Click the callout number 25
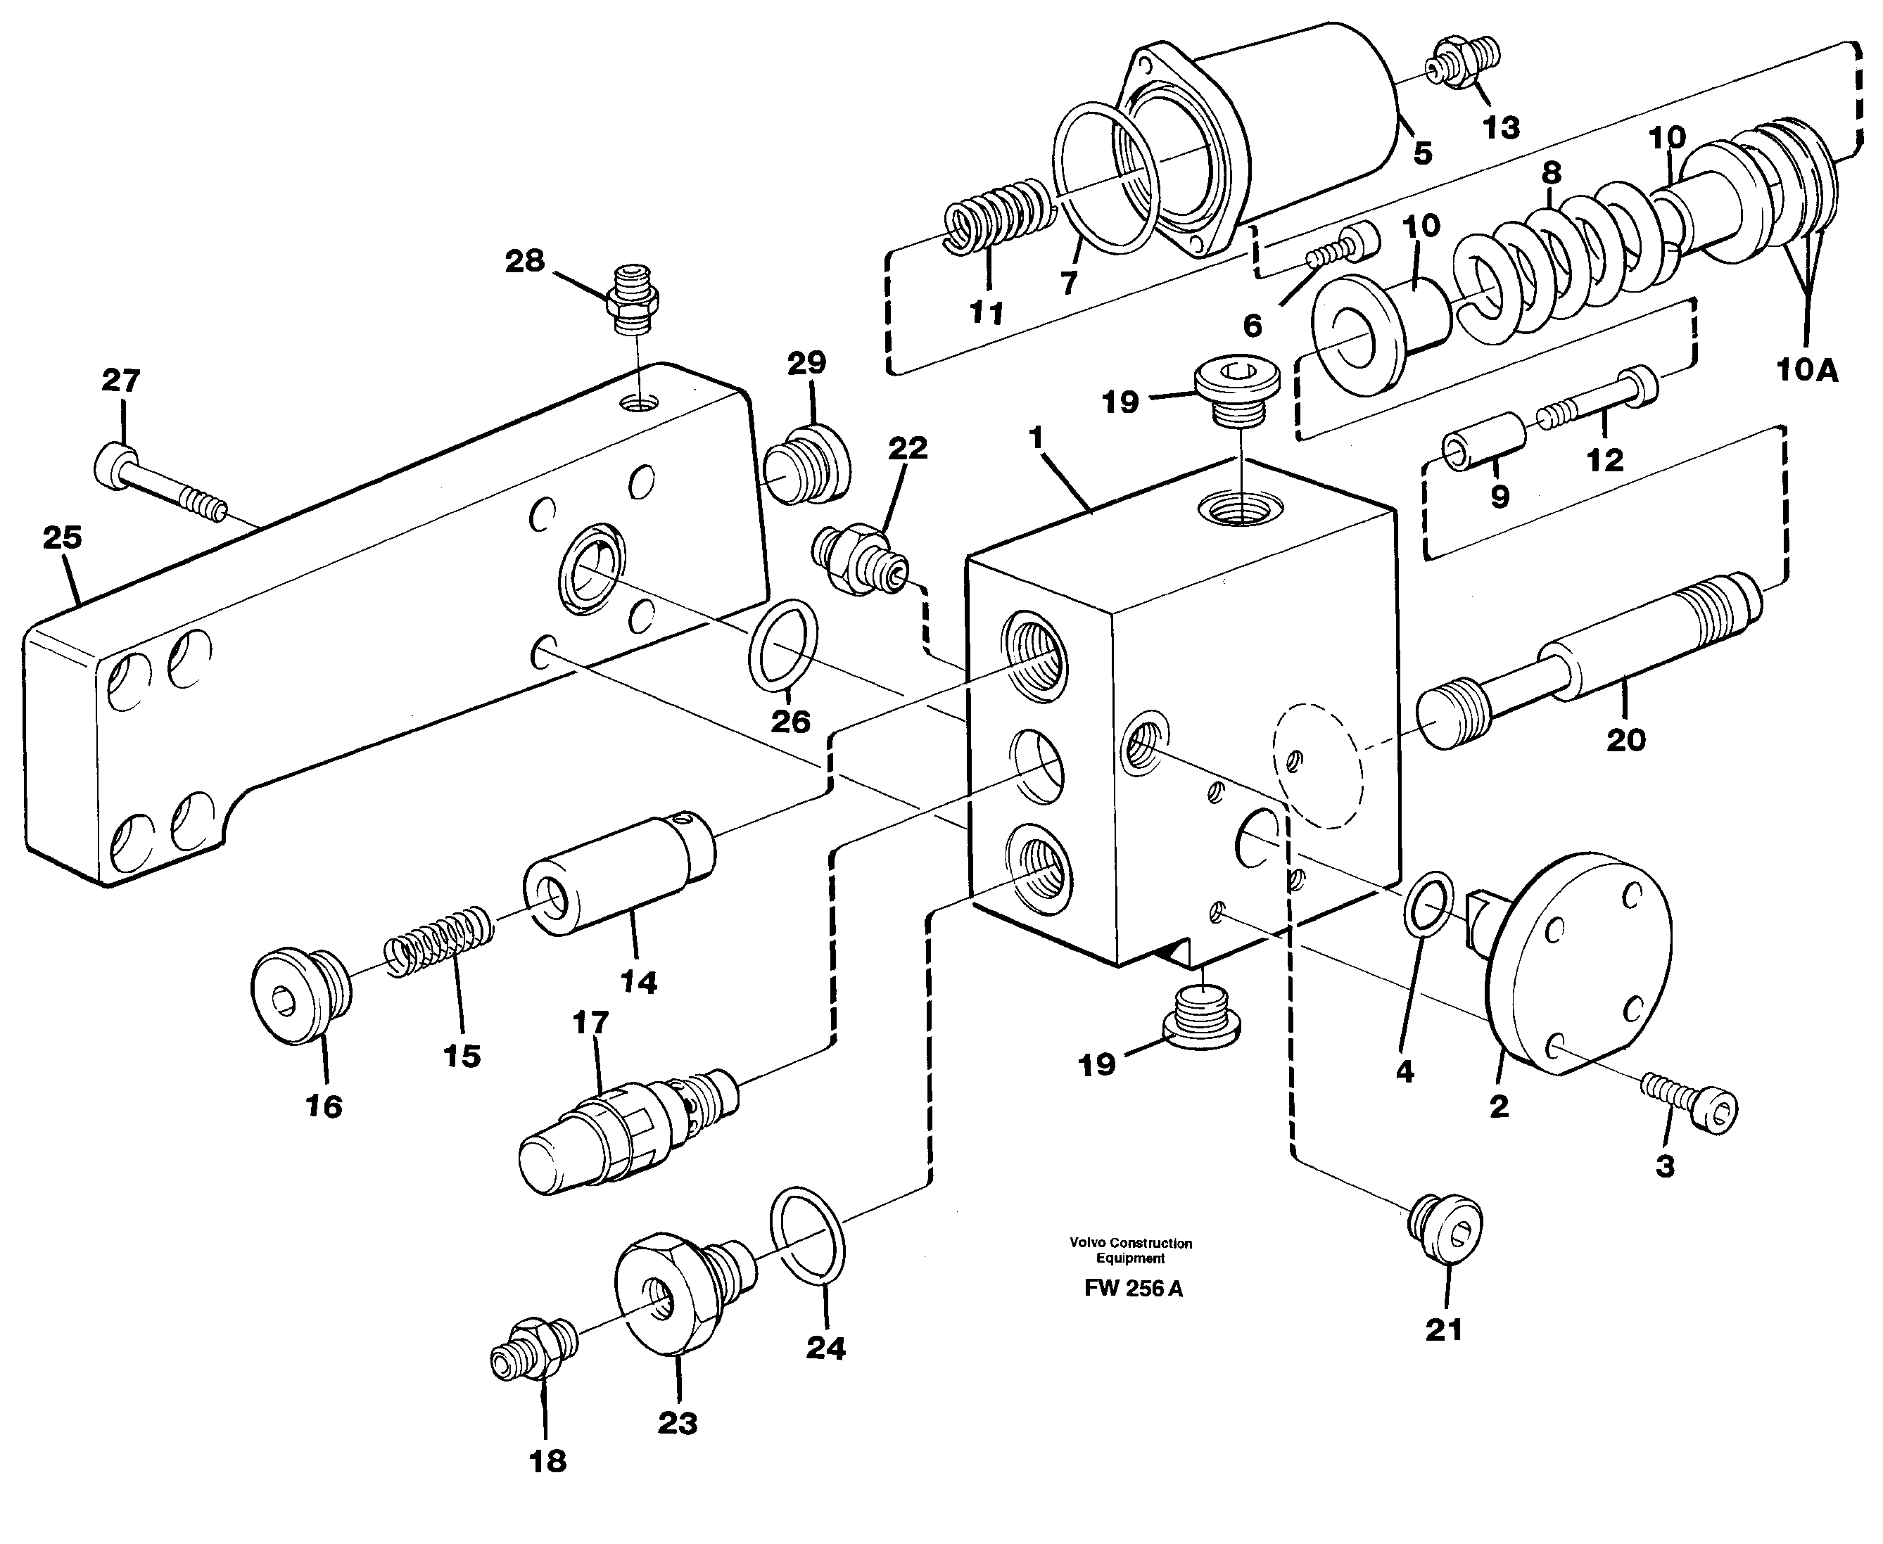62,537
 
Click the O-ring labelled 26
784,644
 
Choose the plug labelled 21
1447,1228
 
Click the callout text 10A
1806,369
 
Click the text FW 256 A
1132,1289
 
